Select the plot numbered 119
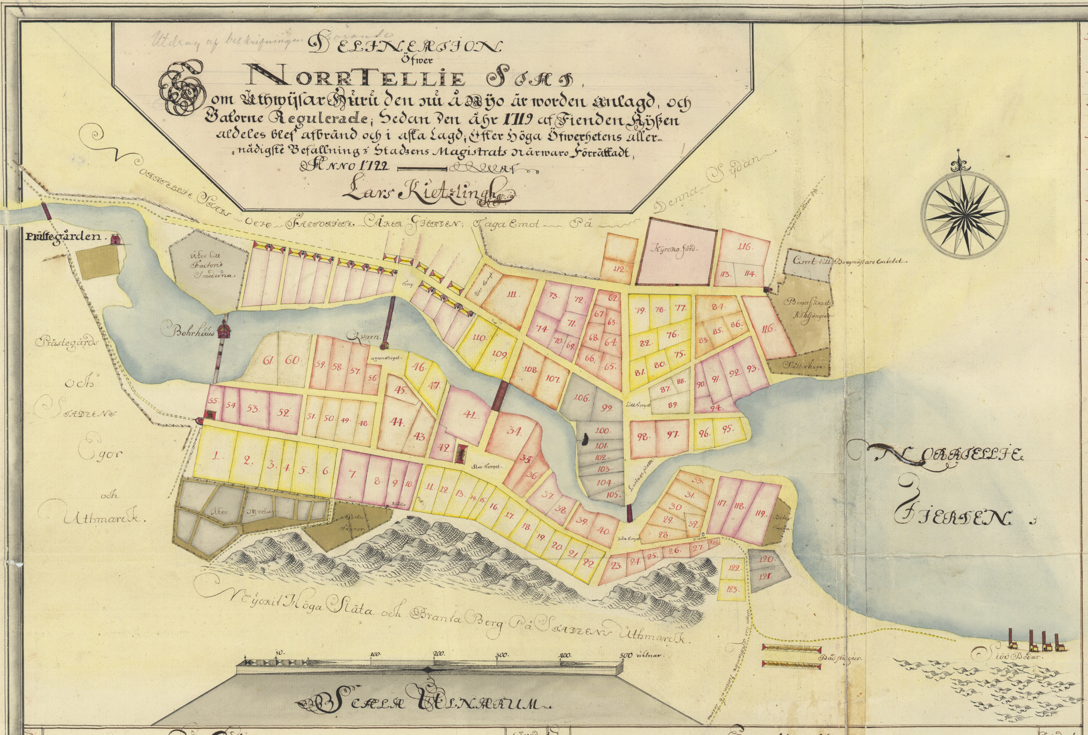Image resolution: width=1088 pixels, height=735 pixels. pos(759,515)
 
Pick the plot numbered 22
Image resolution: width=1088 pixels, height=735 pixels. pos(589,563)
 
